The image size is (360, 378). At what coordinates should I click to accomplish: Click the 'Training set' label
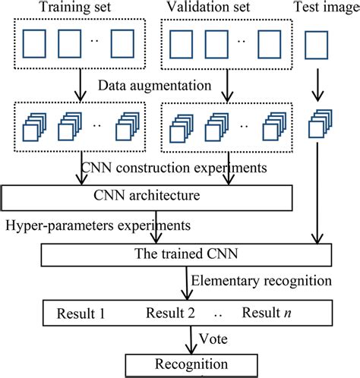tap(72, 8)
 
